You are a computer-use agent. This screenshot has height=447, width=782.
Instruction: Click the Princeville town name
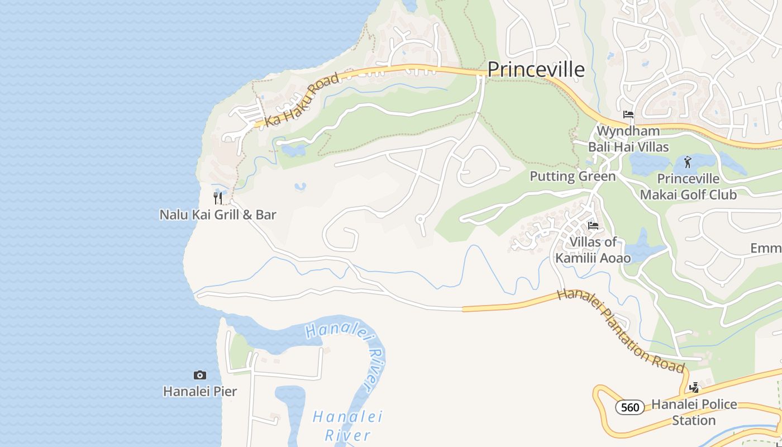click(536, 69)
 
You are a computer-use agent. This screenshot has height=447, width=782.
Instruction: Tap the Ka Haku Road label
click(302, 100)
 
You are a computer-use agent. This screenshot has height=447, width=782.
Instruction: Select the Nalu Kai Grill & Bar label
click(218, 215)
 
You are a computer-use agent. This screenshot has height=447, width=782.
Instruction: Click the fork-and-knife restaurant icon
click(218, 198)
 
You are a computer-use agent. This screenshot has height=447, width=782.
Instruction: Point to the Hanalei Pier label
click(200, 391)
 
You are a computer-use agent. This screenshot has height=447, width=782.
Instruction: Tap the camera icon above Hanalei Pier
click(200, 375)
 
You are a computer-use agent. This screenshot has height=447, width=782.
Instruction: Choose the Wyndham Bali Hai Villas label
click(628, 139)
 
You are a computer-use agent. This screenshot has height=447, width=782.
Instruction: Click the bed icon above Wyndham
click(628, 115)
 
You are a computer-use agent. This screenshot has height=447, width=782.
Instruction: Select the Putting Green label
click(573, 177)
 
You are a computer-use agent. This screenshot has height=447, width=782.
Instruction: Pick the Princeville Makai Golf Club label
click(688, 187)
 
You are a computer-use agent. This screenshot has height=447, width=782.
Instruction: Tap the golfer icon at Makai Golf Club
click(688, 163)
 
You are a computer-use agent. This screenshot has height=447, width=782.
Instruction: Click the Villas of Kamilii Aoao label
click(593, 250)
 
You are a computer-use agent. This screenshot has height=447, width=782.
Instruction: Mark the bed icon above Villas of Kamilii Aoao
click(593, 226)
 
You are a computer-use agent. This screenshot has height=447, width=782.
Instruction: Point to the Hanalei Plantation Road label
click(621, 331)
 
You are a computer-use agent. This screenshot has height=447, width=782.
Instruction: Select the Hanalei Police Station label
click(694, 412)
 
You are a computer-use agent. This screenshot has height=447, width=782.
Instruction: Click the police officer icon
click(694, 387)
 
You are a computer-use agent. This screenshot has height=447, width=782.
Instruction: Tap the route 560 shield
click(630, 407)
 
